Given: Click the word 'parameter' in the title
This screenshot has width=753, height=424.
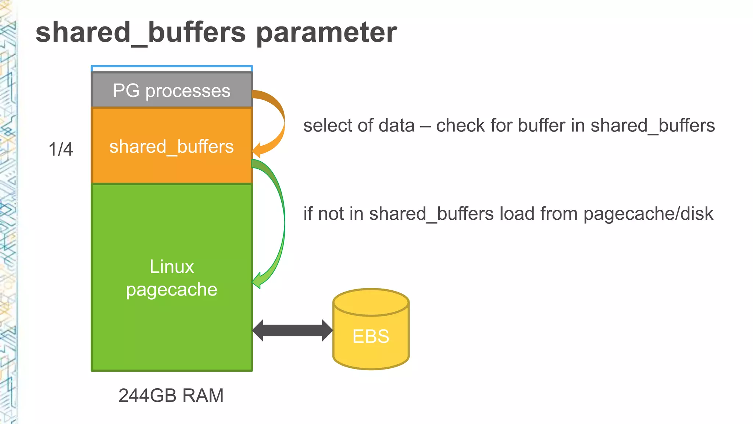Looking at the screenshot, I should pos(326,32).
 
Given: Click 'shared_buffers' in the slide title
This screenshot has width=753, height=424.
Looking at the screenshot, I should pos(140,32).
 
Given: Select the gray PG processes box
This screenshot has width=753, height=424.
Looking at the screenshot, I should pos(172,90).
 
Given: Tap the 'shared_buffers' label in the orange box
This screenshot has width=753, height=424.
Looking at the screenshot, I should pos(172,146).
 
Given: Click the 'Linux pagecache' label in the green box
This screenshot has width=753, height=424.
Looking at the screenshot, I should pos(172,278).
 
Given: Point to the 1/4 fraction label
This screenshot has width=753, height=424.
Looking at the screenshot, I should pos(61,149).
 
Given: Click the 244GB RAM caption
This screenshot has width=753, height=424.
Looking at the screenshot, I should pos(171,396).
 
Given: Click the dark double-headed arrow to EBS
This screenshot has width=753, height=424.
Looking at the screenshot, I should pos(292,330).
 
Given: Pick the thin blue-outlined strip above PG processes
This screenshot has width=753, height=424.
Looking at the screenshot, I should pos(172,68).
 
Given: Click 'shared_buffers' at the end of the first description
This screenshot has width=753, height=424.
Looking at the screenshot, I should pos(653,126).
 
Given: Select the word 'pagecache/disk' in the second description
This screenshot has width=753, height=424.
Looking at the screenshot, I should pos(648,214).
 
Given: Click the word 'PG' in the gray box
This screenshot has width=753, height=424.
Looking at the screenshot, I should pos(126,90).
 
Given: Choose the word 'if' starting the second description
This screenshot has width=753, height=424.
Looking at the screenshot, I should pos(308,214).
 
